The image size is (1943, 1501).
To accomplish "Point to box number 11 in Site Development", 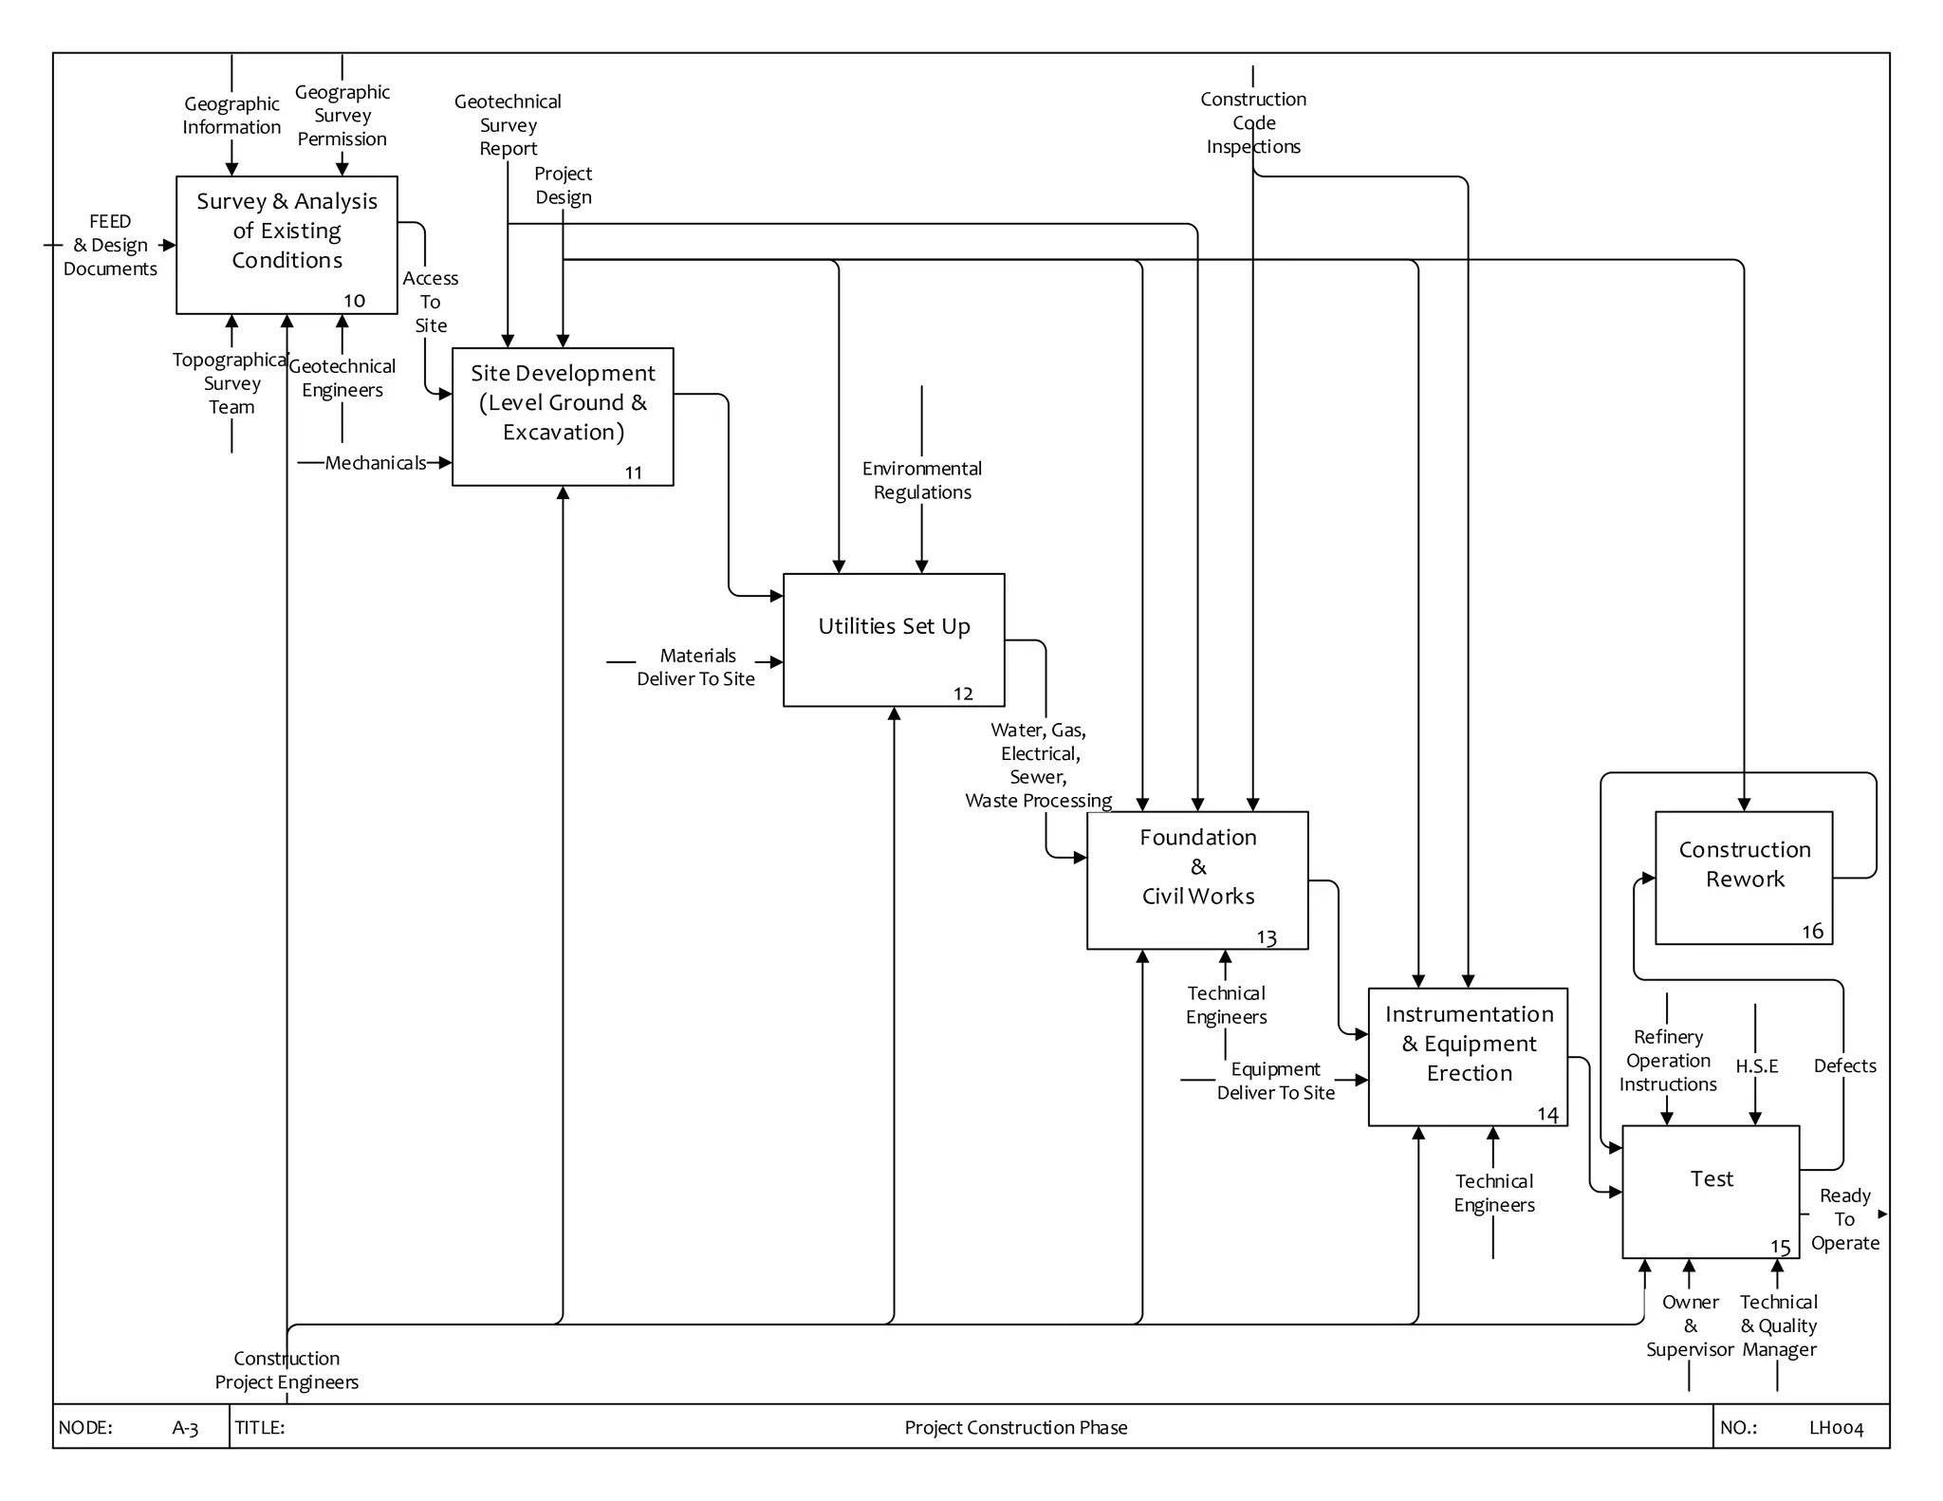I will pos(634,473).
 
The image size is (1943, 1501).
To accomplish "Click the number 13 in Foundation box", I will pos(1267,937).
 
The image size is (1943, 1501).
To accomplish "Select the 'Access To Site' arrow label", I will pos(431,302).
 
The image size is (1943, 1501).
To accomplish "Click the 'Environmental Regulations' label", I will pos(921,480).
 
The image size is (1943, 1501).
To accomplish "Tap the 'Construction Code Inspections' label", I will pos(1252,122).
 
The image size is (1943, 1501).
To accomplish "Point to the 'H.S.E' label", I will pos(1756,1066).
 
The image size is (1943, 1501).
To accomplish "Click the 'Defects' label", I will pos(1844,1066).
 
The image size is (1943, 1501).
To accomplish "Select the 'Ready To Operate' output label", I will pos(1844,1219).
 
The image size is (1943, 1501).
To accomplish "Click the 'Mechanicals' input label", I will pos(375,463).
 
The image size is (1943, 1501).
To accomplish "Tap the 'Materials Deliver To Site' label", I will pos(696,667).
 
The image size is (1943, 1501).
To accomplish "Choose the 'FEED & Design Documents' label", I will pos(110,245).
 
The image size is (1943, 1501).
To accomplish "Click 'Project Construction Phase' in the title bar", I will pos(1015,1427).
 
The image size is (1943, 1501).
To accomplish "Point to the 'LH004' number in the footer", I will pos(1836,1428).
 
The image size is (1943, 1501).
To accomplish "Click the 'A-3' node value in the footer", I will pos(185,1428).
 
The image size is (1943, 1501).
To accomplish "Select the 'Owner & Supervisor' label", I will pos(1690,1325).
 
